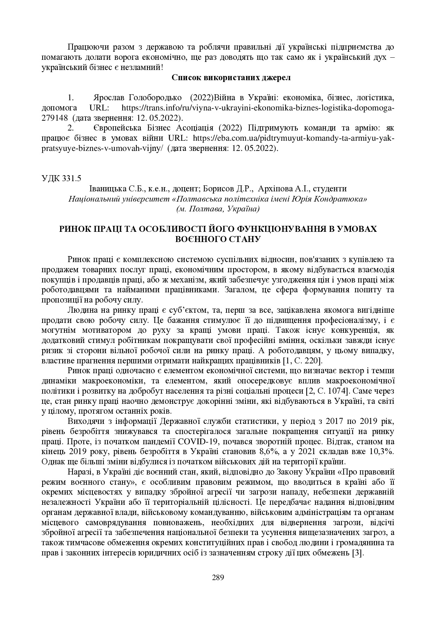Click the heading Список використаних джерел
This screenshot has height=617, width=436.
pos(231,78)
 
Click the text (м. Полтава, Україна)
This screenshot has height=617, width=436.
pos(218,209)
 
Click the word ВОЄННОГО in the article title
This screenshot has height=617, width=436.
pos(200,240)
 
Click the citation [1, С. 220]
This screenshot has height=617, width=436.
pos(302,361)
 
